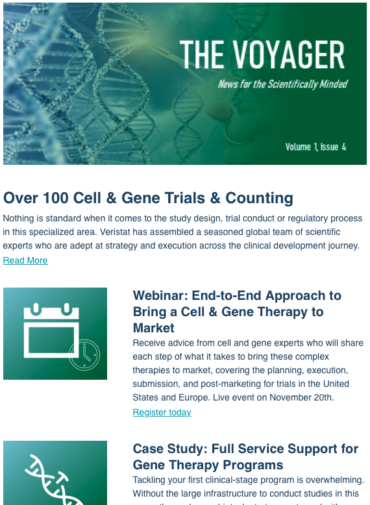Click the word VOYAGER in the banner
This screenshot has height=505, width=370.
tap(288, 54)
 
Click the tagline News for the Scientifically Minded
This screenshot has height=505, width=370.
tap(283, 84)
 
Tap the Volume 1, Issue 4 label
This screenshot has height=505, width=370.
tap(315, 147)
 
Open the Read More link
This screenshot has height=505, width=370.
tap(25, 260)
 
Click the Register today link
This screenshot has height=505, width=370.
tap(162, 412)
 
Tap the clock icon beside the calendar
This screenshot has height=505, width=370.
tap(84, 354)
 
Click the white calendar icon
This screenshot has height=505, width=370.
tap(51, 330)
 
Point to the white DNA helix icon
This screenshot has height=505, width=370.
tap(53, 480)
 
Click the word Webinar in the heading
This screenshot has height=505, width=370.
tap(160, 295)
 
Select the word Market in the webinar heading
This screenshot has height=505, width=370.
tap(154, 328)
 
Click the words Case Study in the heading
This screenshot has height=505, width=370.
tap(170, 449)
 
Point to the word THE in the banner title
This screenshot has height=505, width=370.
tap(202, 54)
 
